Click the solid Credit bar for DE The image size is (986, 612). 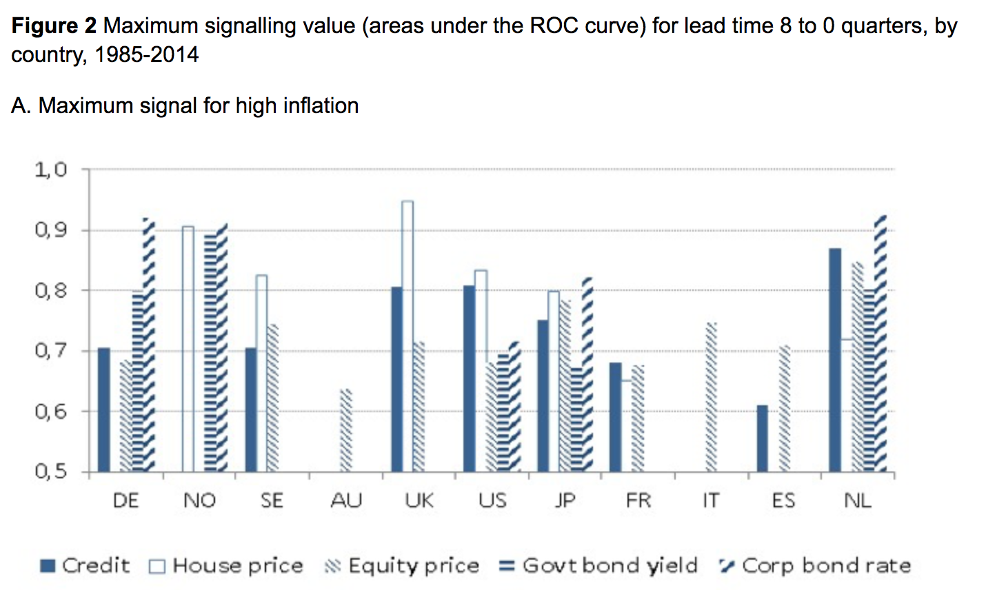[104, 409]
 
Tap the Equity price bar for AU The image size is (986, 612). [346, 431]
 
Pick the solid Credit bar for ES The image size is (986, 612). [762, 438]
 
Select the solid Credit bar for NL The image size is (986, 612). [835, 360]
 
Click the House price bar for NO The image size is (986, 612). [188, 349]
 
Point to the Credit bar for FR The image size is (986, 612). [615, 417]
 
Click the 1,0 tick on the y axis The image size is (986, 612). [50, 170]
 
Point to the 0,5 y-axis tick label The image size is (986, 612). [50, 471]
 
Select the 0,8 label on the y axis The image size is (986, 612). [50, 290]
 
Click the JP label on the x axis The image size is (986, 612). [565, 500]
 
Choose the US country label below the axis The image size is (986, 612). [492, 500]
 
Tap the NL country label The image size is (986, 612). [857, 500]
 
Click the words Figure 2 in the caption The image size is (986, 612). [54, 26]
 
